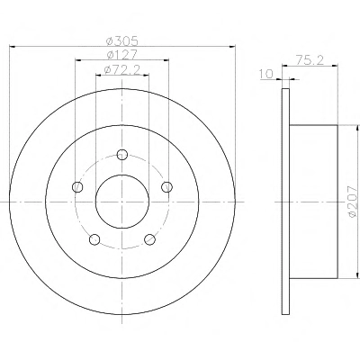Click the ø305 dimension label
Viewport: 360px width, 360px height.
[122, 40]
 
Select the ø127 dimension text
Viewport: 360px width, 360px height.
[122, 55]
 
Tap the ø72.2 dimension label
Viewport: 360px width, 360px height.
[122, 70]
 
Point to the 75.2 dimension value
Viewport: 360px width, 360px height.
[310, 60]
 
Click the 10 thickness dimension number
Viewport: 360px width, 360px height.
[266, 74]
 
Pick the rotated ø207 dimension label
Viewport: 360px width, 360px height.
[352, 201]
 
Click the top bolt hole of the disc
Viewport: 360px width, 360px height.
[121, 155]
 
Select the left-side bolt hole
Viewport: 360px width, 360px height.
[77, 187]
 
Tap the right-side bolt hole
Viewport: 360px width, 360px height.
[166, 187]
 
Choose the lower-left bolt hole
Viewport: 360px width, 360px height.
[94, 239]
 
